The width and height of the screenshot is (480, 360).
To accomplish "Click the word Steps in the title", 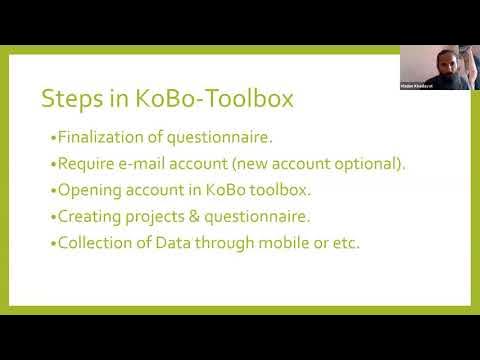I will click(x=65, y=98).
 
